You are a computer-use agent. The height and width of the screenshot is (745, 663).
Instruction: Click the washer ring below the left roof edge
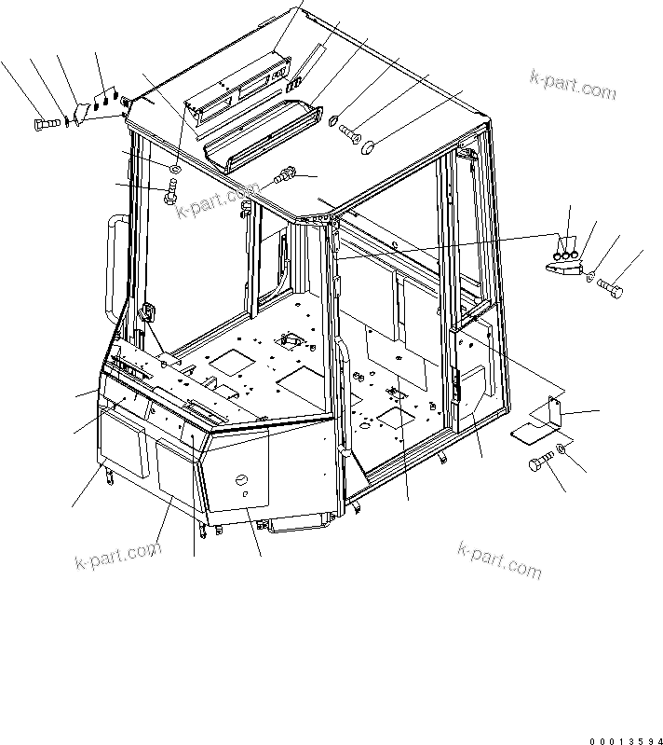point(174,168)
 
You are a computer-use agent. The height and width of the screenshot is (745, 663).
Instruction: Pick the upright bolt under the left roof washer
point(171,195)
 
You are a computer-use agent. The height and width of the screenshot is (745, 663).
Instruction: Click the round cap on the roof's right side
point(368,145)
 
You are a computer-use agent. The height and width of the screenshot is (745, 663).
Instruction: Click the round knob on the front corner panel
point(240,480)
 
